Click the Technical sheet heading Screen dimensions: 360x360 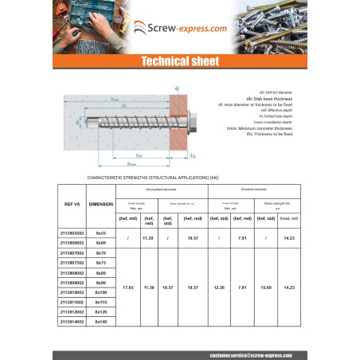179,61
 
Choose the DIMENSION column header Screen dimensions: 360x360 101,204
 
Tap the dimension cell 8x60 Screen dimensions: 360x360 101,241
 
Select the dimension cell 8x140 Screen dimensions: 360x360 101,323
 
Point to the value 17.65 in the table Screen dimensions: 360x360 127,287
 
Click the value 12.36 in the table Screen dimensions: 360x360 219,287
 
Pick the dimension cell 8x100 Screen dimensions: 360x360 101,292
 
